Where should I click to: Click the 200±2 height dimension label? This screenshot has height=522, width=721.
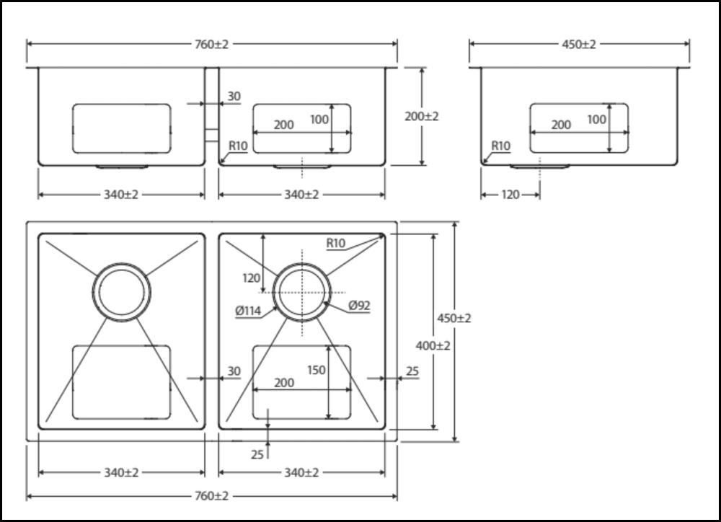pos(421,116)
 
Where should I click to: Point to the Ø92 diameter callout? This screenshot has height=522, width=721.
pos(359,306)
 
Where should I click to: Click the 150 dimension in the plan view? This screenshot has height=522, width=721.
pos(317,370)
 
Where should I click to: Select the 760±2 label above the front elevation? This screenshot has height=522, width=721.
pos(211,44)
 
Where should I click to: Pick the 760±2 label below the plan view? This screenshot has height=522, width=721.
pos(211,497)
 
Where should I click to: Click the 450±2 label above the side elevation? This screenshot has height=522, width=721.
pos(579,44)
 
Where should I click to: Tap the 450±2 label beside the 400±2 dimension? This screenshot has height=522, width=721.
pos(454,318)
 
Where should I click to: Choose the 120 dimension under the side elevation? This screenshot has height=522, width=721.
pos(510,195)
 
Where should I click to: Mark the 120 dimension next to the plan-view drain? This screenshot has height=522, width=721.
pos(251,278)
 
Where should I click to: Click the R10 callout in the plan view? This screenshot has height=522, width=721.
pos(336,244)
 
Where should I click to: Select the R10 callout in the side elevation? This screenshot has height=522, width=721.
pos(500,146)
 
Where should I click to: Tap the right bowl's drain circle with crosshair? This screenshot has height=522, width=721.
pos(302,292)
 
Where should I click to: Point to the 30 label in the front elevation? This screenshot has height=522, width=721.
pos(234,97)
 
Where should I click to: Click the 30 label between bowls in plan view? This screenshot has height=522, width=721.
pos(234,371)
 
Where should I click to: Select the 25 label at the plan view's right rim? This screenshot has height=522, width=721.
pos(412,371)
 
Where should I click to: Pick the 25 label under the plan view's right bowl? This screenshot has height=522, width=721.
pos(257,455)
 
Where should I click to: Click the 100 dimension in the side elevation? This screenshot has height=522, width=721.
pos(597,120)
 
